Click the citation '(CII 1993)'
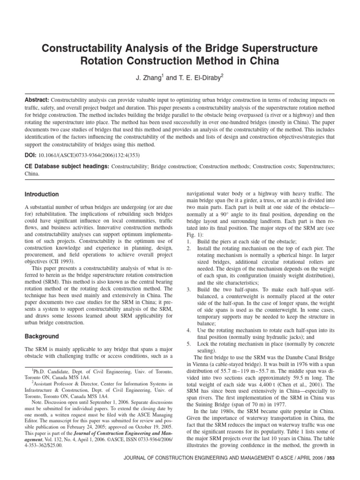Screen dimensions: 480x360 click(x=62, y=264)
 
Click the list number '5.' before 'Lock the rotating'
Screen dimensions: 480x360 click(x=188, y=343)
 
